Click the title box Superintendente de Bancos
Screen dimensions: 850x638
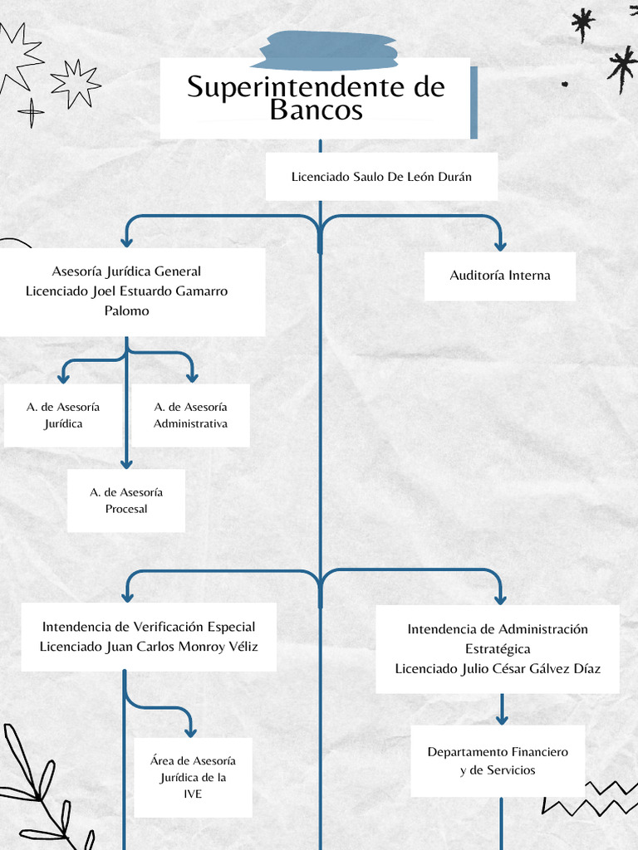(x=316, y=98)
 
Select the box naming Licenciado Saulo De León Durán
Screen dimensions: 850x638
(x=381, y=177)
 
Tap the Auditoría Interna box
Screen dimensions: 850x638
(x=499, y=276)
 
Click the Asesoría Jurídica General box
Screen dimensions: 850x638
(x=127, y=291)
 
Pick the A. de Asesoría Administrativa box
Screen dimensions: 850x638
(x=190, y=415)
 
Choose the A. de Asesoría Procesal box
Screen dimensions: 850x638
(x=126, y=501)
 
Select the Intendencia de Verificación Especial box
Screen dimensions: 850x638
(x=149, y=637)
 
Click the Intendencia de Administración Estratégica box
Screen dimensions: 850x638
(x=497, y=648)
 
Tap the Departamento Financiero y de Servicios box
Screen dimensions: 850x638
(x=498, y=760)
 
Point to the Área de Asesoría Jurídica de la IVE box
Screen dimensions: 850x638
(x=193, y=777)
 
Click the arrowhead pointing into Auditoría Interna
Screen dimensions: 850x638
(x=499, y=245)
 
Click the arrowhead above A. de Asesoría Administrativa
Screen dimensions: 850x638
(x=192, y=377)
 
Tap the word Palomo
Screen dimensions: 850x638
(x=126, y=310)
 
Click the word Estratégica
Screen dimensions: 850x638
(x=497, y=649)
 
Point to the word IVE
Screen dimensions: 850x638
(x=193, y=794)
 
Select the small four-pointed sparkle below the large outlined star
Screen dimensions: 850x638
(x=32, y=112)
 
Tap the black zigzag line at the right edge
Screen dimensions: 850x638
(x=590, y=797)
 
